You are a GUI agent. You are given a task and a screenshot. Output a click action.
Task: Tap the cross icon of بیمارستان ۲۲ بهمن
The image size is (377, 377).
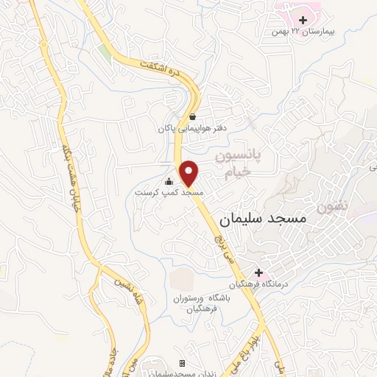[303, 19]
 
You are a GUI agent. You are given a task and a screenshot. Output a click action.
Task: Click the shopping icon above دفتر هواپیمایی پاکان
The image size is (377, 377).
[192, 116]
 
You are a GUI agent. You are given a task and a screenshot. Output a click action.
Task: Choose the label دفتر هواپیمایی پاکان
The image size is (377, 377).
[191, 128]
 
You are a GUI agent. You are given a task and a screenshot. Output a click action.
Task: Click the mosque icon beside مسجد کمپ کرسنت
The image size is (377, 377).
[169, 181]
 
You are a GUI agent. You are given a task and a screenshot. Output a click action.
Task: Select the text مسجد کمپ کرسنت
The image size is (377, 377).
[169, 192]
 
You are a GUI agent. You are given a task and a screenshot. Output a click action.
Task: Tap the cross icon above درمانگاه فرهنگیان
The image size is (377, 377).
[258, 272]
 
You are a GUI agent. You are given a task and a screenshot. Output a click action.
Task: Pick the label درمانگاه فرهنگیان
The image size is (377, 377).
[259, 284]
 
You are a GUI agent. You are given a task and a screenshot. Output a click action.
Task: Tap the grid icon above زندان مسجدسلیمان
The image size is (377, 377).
[183, 364]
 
